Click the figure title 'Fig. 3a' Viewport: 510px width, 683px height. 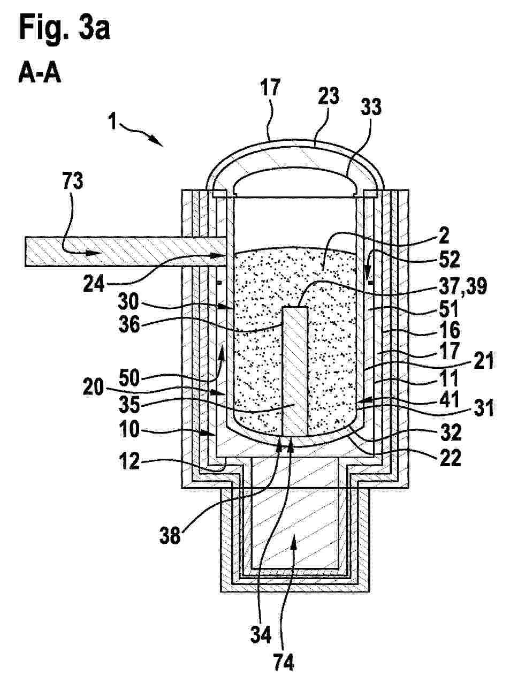pyautogui.click(x=65, y=28)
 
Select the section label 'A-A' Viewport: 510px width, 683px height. pyautogui.click(x=40, y=74)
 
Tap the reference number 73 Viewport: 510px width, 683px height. pyautogui.click(x=73, y=181)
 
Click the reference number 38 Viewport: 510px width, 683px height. pyautogui.click(x=170, y=535)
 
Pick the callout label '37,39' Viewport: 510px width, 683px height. pyautogui.click(x=463, y=286)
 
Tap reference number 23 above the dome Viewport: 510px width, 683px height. pyautogui.click(x=329, y=96)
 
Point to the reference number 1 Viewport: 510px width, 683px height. pyautogui.click(x=113, y=122)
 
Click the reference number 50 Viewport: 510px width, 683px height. pyautogui.click(x=129, y=378)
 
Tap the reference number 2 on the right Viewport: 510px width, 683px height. pyautogui.click(x=445, y=237)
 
